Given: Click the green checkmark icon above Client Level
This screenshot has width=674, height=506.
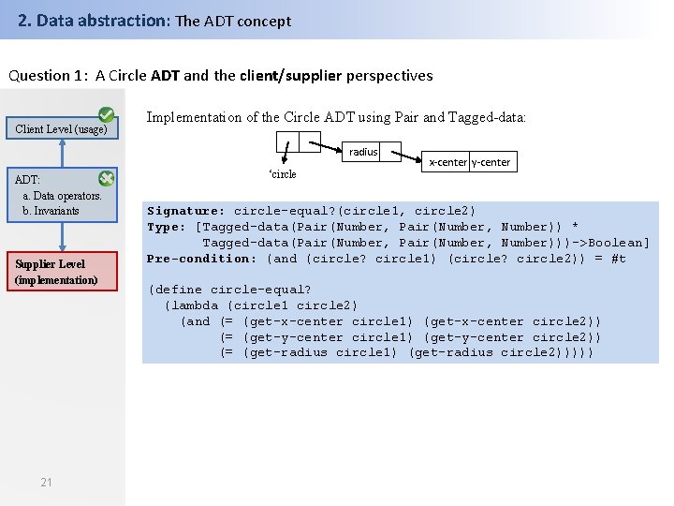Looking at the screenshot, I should click(108, 114).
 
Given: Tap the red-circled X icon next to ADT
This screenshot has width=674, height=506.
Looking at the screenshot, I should click(107, 178).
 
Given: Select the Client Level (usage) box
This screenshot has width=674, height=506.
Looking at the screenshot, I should click(62, 129).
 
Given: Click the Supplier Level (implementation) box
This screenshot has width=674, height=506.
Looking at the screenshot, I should click(57, 272).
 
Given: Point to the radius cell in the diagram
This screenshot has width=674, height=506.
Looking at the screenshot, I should click(363, 152).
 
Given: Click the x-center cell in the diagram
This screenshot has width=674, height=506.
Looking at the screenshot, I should click(447, 162).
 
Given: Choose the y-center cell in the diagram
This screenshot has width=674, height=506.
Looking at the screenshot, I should click(491, 162).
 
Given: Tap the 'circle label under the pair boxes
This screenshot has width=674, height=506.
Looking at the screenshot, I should click(283, 174).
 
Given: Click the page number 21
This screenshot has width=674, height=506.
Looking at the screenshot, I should click(47, 482).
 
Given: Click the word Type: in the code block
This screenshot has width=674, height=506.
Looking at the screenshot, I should click(167, 227).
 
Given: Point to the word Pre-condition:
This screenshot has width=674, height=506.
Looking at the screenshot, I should click(201, 259).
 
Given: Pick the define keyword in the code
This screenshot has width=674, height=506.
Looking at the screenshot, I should click(179, 290).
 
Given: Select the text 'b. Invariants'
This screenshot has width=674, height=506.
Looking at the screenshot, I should click(51, 210).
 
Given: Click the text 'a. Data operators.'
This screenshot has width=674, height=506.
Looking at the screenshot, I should click(62, 196).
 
